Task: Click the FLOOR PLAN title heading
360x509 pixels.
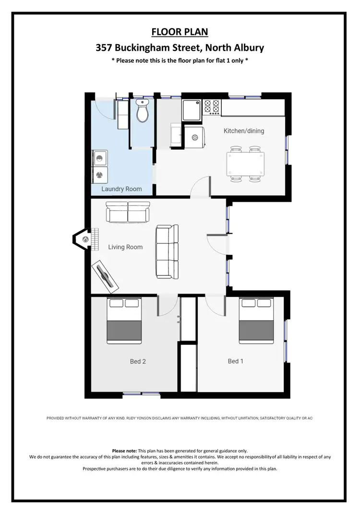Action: (180, 32)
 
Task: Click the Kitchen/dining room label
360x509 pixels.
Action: (244, 130)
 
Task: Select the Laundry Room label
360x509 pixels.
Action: (121, 189)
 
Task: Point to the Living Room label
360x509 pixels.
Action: (125, 247)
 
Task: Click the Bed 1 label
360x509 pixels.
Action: (235, 361)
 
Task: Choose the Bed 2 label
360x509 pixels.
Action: (138, 361)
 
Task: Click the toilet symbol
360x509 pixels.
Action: (142, 111)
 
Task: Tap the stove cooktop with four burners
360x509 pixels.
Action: (212, 107)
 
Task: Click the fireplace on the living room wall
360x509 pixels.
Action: (83, 238)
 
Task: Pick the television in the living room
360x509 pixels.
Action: (106, 277)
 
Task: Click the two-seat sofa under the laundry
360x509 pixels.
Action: (128, 212)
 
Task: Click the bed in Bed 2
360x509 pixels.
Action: (124, 320)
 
